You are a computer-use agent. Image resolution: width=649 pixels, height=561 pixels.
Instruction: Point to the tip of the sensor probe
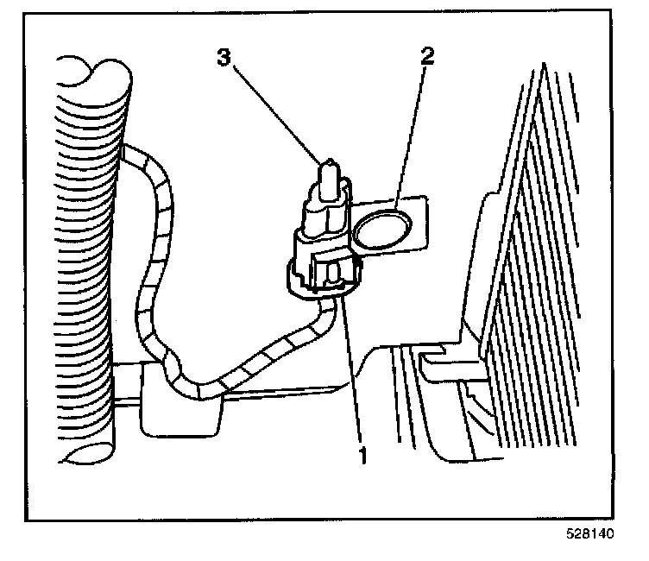330,164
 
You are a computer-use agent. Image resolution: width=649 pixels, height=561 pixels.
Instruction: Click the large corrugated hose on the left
87,259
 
